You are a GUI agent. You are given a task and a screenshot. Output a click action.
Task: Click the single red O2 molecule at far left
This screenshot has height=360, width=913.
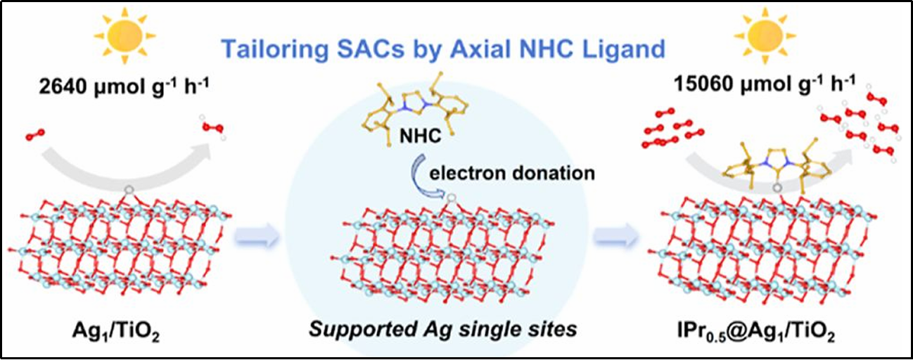point(33,134)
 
